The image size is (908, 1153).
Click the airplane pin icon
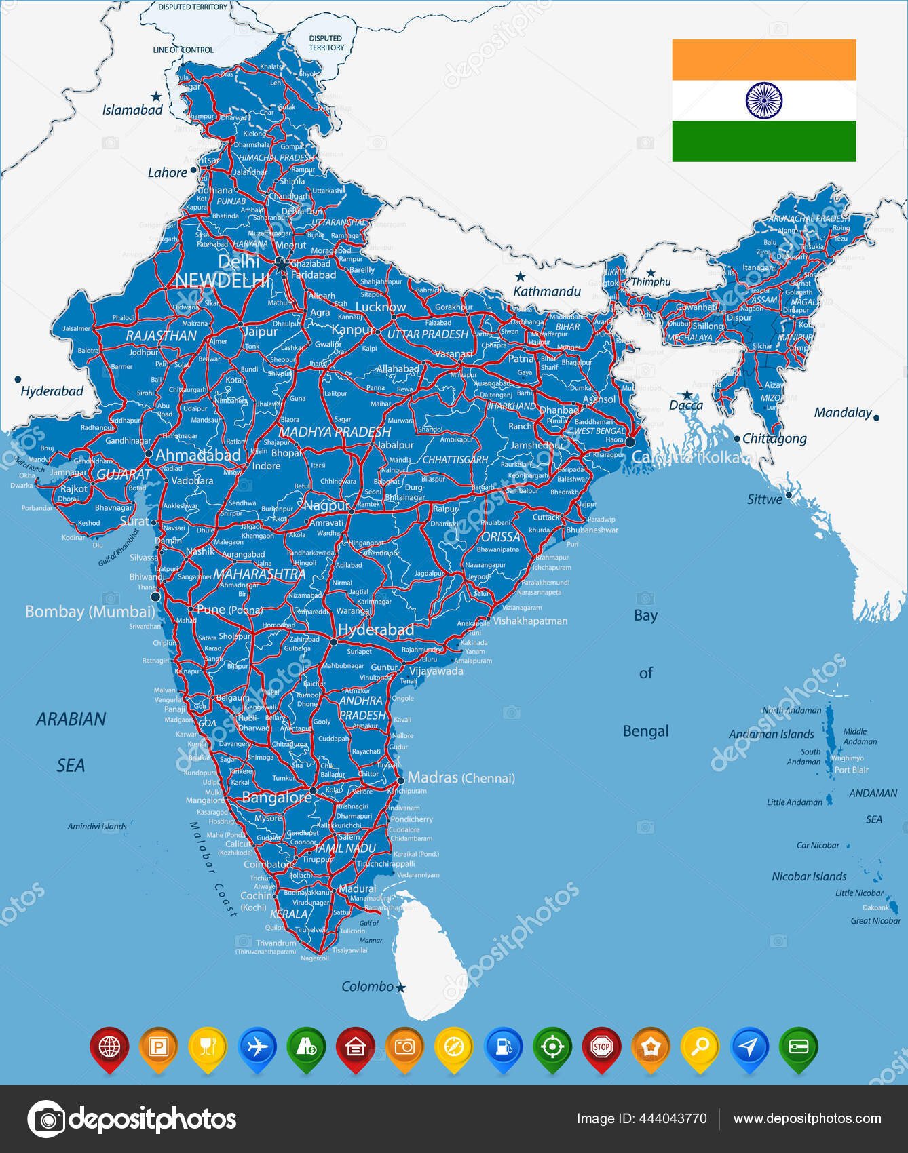(x=257, y=1047)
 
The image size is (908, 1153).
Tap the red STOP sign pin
(x=601, y=1047)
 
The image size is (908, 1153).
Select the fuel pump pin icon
(x=503, y=1047)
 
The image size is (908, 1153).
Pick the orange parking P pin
(x=158, y=1047)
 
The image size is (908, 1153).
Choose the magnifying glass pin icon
(x=700, y=1047)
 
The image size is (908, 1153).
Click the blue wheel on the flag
(x=763, y=100)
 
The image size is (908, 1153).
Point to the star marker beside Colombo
(x=400, y=988)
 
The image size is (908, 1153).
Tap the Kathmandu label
(x=547, y=291)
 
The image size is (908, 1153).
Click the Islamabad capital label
(x=132, y=110)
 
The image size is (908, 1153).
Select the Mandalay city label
(x=842, y=412)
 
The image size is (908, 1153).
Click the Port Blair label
(x=851, y=770)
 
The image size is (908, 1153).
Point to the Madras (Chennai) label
(x=461, y=777)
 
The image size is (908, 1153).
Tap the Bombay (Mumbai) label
(x=90, y=612)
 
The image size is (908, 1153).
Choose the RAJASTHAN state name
(x=161, y=336)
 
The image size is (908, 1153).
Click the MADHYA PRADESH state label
(x=335, y=432)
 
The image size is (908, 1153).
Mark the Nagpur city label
(x=326, y=505)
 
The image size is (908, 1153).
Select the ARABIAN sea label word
(x=71, y=719)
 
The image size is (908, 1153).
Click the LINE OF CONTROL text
(x=183, y=50)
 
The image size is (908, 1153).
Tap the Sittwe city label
(x=764, y=499)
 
